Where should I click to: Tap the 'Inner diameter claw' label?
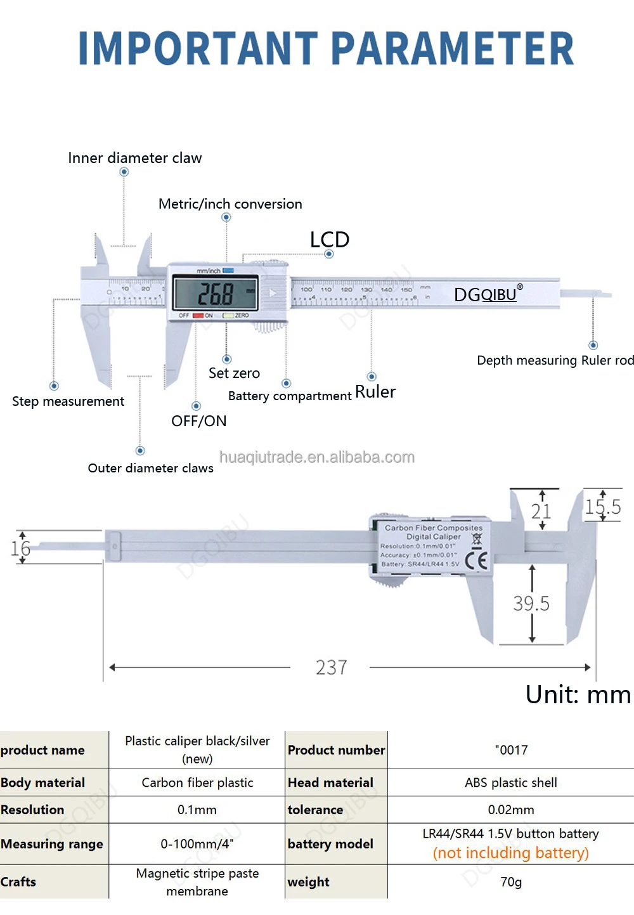click(134, 158)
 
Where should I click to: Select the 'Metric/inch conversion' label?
click(230, 204)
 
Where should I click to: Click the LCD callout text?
click(330, 240)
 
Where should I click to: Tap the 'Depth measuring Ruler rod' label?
click(555, 360)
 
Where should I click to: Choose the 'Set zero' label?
click(234, 373)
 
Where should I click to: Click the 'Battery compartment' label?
click(289, 396)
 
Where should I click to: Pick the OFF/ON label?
click(198, 421)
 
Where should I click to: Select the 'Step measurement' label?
click(68, 401)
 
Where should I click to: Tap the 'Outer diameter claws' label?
click(150, 468)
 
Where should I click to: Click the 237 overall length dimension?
click(331, 668)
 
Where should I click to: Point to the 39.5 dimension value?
click(531, 604)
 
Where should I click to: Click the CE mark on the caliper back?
click(476, 561)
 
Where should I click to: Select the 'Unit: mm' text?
click(578, 695)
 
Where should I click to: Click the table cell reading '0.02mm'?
click(511, 810)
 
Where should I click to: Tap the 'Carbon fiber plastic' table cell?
click(197, 782)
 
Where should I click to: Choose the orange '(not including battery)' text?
click(511, 853)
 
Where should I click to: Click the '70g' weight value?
click(511, 882)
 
